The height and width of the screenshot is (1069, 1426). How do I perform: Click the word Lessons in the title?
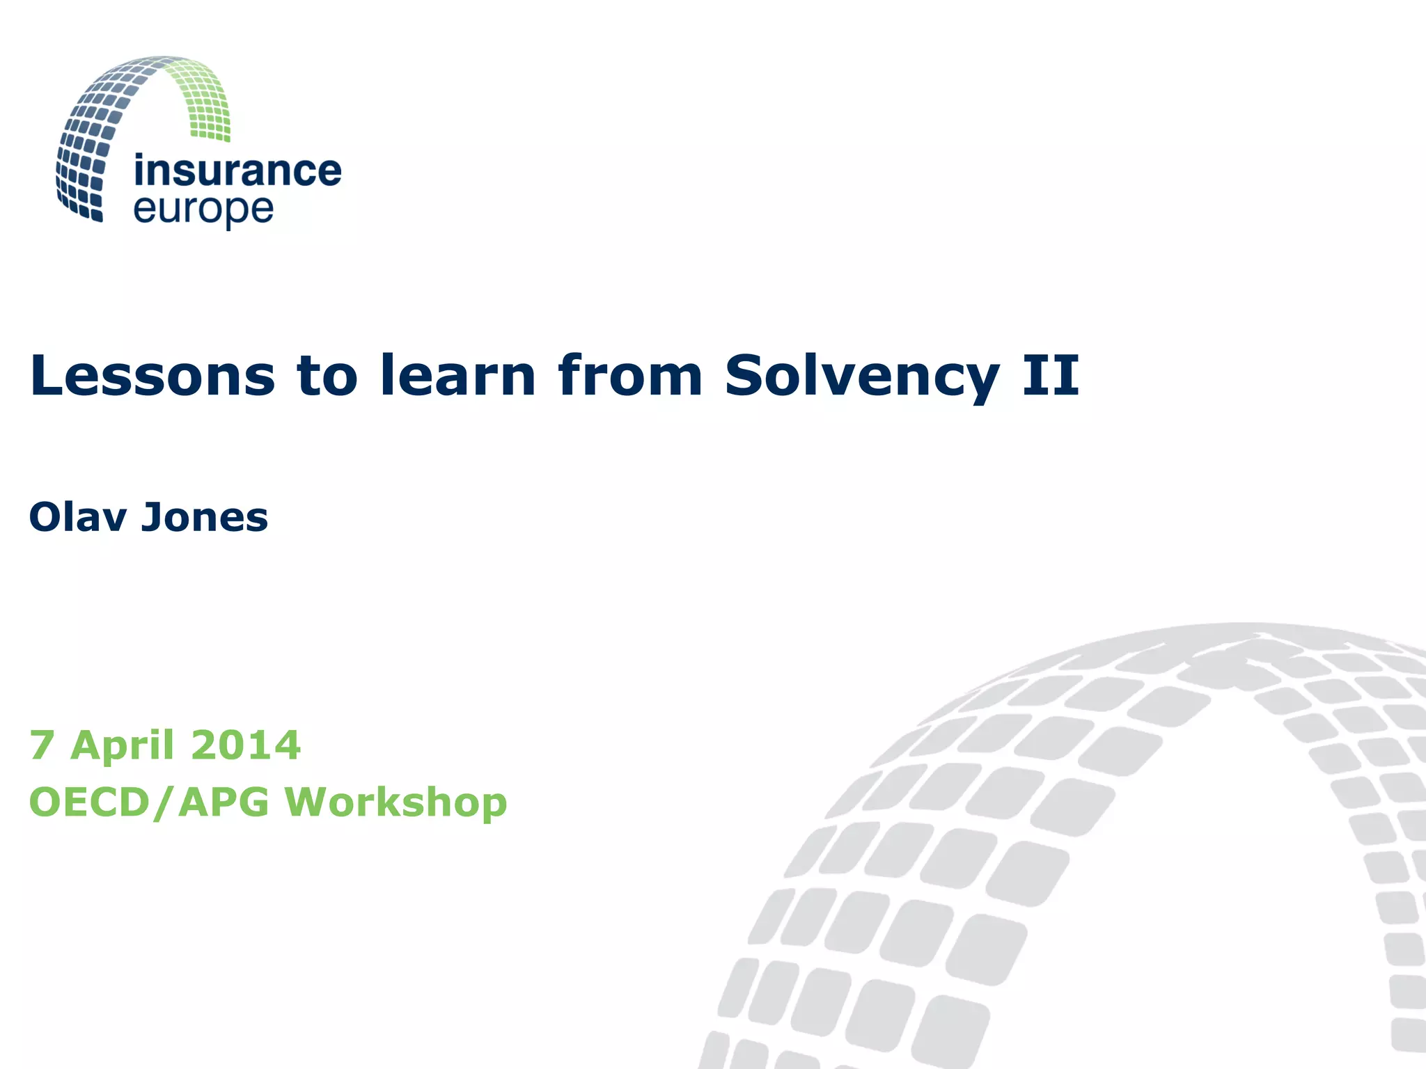click(152, 376)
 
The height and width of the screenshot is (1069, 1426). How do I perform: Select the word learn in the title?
click(457, 376)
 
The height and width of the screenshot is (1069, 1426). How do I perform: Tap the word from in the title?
click(630, 376)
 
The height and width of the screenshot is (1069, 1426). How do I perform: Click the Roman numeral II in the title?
click(1051, 376)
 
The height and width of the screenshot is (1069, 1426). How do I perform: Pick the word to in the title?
click(327, 376)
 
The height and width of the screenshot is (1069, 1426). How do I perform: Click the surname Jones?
click(205, 517)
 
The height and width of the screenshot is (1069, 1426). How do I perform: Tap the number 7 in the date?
click(41, 745)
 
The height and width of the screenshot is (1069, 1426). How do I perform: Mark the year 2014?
click(245, 745)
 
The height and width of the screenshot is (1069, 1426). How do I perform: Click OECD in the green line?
click(89, 802)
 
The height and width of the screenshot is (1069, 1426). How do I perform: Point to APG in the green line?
click(224, 802)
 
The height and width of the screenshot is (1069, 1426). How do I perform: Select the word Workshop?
click(395, 802)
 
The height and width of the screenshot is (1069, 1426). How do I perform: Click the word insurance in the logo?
click(237, 171)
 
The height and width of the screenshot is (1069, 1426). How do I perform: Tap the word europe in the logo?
click(203, 210)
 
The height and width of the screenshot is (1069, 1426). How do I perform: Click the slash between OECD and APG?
click(164, 802)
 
